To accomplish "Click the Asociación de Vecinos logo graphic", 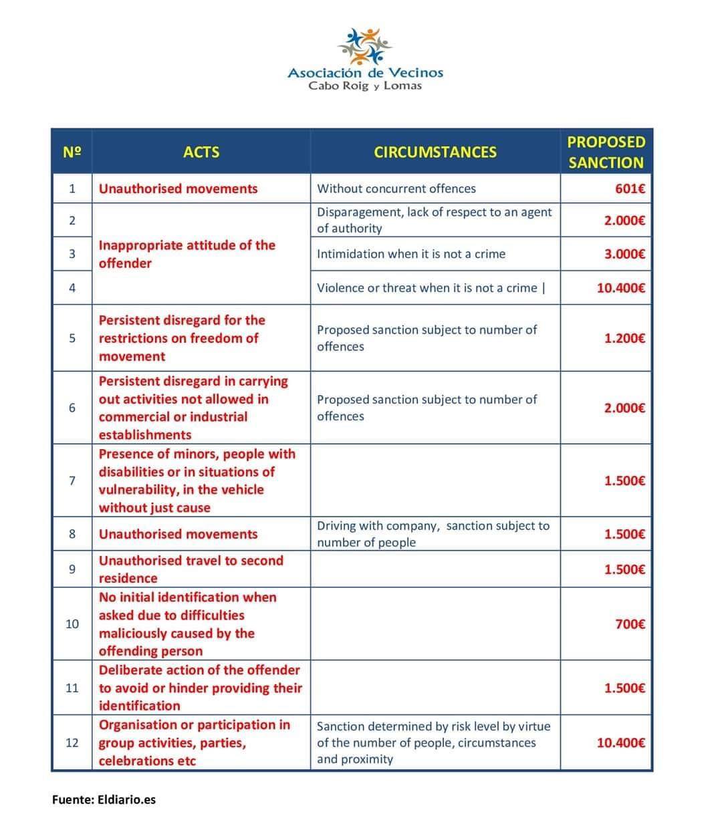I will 364,46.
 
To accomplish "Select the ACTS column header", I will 201,152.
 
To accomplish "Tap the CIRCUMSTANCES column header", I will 435,152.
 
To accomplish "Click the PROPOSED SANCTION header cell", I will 606,152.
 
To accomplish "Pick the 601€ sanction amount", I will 630,189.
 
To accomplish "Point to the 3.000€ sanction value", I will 624,254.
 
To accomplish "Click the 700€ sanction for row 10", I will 630,625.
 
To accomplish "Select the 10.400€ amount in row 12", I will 620,742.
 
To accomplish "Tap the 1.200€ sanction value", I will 624,338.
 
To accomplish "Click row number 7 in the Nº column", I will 72,480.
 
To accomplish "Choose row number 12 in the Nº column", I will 72,742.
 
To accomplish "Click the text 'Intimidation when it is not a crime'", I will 411,254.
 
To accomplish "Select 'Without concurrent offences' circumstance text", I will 396,188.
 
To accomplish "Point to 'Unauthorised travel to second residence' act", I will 191,569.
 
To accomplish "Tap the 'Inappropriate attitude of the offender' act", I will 187,254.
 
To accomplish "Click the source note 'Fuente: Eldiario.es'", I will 104,799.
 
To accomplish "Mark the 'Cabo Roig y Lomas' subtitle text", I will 365,86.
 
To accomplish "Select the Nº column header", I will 72,152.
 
